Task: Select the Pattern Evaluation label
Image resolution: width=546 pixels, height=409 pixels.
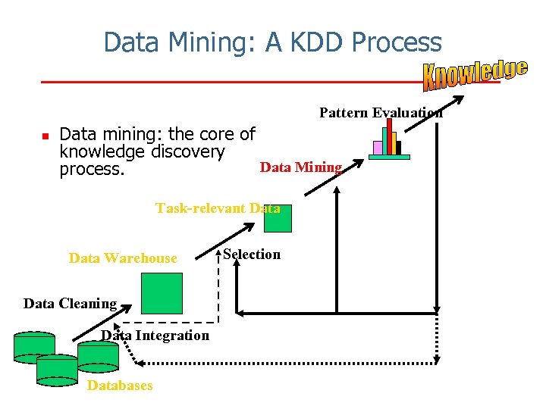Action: pos(381,113)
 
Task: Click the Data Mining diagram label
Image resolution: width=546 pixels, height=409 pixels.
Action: pos(301,167)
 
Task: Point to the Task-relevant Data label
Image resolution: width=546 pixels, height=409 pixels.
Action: pos(218,208)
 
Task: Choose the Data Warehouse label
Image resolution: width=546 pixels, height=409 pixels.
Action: pos(123,258)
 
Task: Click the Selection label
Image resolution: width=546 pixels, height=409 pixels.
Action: pos(252,254)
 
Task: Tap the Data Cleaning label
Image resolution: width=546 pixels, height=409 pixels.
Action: pos(70,304)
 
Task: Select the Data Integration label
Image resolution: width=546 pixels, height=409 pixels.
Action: pos(155,336)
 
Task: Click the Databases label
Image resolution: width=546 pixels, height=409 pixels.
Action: pos(120,386)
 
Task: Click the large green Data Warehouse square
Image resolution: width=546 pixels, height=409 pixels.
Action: pos(163,293)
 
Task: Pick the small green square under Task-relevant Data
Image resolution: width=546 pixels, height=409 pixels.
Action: pos(278,219)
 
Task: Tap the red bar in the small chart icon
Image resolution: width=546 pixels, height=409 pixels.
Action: pos(390,136)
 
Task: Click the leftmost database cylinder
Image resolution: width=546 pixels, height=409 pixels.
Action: pos(34,345)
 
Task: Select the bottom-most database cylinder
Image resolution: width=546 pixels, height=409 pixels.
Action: pos(57,369)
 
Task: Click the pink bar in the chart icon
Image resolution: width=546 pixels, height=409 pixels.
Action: pos(378,148)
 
